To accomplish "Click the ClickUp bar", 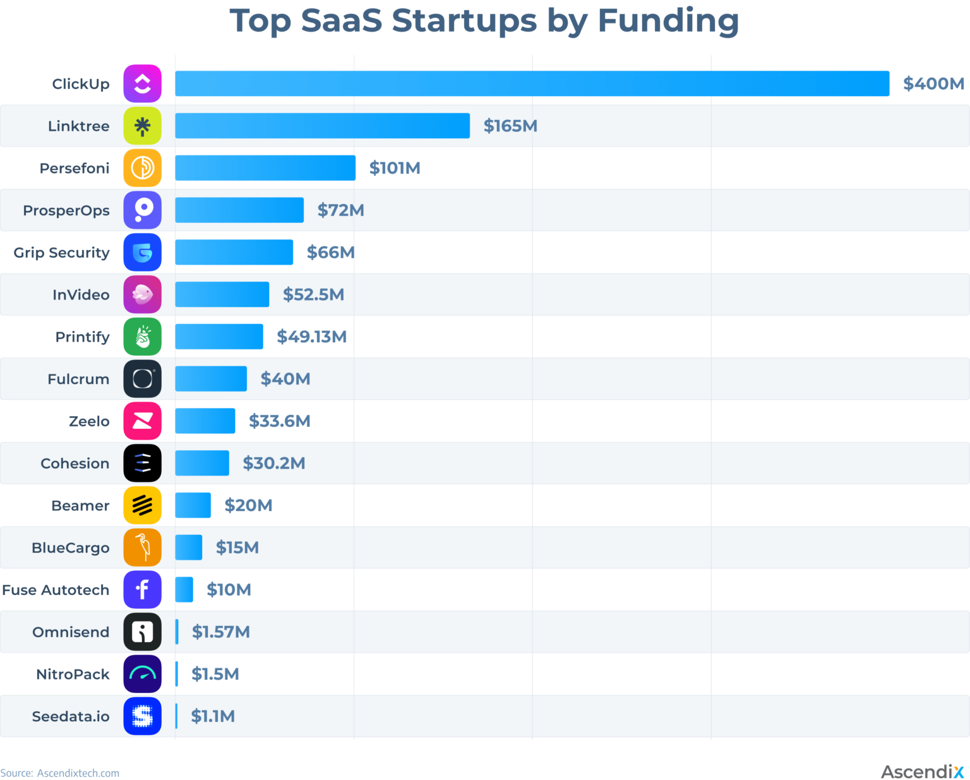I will point(532,83).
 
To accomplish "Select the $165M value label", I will point(510,126).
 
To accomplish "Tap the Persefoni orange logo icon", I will point(142,168).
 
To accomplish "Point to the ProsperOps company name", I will point(66,210).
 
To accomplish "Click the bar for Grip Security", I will point(234,252).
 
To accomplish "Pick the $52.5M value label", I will point(313,294).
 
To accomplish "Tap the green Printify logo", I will point(142,337).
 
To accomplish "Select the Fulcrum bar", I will point(211,379).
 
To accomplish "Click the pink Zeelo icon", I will point(142,421).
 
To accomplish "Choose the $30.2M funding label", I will point(274,463).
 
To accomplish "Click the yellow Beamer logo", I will point(142,505).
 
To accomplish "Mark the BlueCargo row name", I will point(71,548).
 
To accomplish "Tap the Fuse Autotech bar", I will point(184,589).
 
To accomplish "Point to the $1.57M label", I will point(221,632).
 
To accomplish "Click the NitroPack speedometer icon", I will point(142,674).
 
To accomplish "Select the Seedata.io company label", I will point(71,716).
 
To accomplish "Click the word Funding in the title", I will point(668,21).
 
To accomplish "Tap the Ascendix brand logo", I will point(922,772).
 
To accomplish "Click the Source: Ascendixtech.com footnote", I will point(60,773).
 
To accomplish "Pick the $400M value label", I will point(933,83).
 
